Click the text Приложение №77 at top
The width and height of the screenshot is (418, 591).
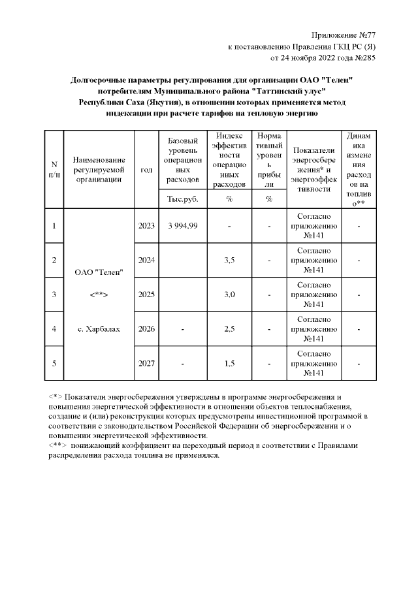coord(344,34)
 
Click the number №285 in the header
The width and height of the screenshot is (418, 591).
coord(363,57)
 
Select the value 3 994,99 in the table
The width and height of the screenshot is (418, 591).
coord(183,226)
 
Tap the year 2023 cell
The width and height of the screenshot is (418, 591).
coord(146,226)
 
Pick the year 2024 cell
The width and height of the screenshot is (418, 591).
coord(146,261)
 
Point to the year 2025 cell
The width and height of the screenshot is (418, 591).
coord(146,295)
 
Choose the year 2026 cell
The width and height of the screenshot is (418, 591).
coord(146,329)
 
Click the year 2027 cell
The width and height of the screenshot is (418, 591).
coord(146,363)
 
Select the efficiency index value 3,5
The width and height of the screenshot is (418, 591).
coord(229,261)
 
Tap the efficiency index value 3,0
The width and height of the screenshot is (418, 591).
coord(229,295)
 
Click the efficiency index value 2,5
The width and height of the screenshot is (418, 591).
coord(229,329)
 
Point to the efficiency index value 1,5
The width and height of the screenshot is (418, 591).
coord(229,363)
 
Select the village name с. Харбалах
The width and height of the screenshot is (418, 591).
coord(98,329)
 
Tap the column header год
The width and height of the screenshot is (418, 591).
coord(146,169)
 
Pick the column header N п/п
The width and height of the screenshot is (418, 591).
coord(54,169)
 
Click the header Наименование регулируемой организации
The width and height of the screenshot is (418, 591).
coord(98,169)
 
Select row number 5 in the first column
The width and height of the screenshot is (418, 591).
coord(54,363)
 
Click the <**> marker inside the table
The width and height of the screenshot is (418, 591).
coord(98,295)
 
